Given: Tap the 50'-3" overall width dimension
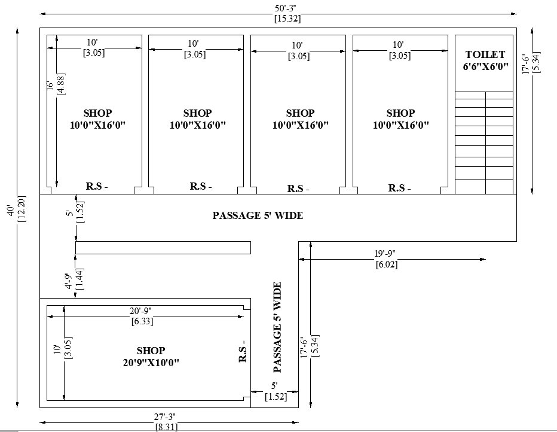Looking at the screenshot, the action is (287, 8).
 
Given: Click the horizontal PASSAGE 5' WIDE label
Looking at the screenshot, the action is (258, 215).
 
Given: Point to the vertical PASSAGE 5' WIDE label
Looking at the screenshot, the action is (277, 327).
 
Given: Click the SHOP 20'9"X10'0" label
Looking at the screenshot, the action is (150, 357).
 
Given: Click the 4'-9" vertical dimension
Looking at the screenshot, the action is (69, 281).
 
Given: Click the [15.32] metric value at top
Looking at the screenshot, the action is (287, 19).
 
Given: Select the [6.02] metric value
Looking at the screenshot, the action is (386, 264).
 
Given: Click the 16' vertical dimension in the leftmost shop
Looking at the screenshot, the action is (51, 86).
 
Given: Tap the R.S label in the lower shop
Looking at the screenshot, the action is (243, 354).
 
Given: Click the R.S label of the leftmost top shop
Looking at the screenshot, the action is (97, 187).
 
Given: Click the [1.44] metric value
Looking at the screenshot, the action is (79, 281).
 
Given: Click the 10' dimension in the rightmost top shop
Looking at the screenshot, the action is (399, 45).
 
